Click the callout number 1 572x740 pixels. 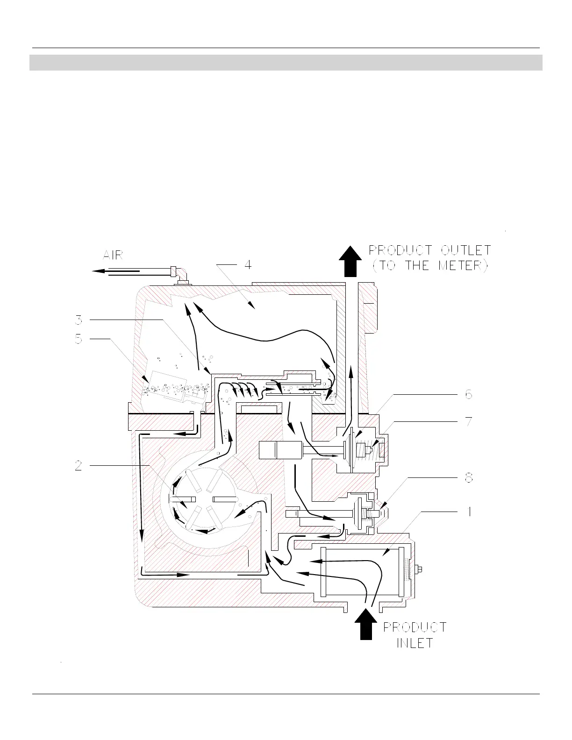469,512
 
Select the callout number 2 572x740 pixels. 79,466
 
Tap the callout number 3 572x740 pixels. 79,320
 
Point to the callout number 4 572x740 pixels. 248,265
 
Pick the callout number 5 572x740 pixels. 79,339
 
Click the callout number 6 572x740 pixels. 468,394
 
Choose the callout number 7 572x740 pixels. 468,421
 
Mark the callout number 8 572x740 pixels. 468,478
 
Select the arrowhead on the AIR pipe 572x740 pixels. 98,270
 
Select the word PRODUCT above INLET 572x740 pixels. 415,627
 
